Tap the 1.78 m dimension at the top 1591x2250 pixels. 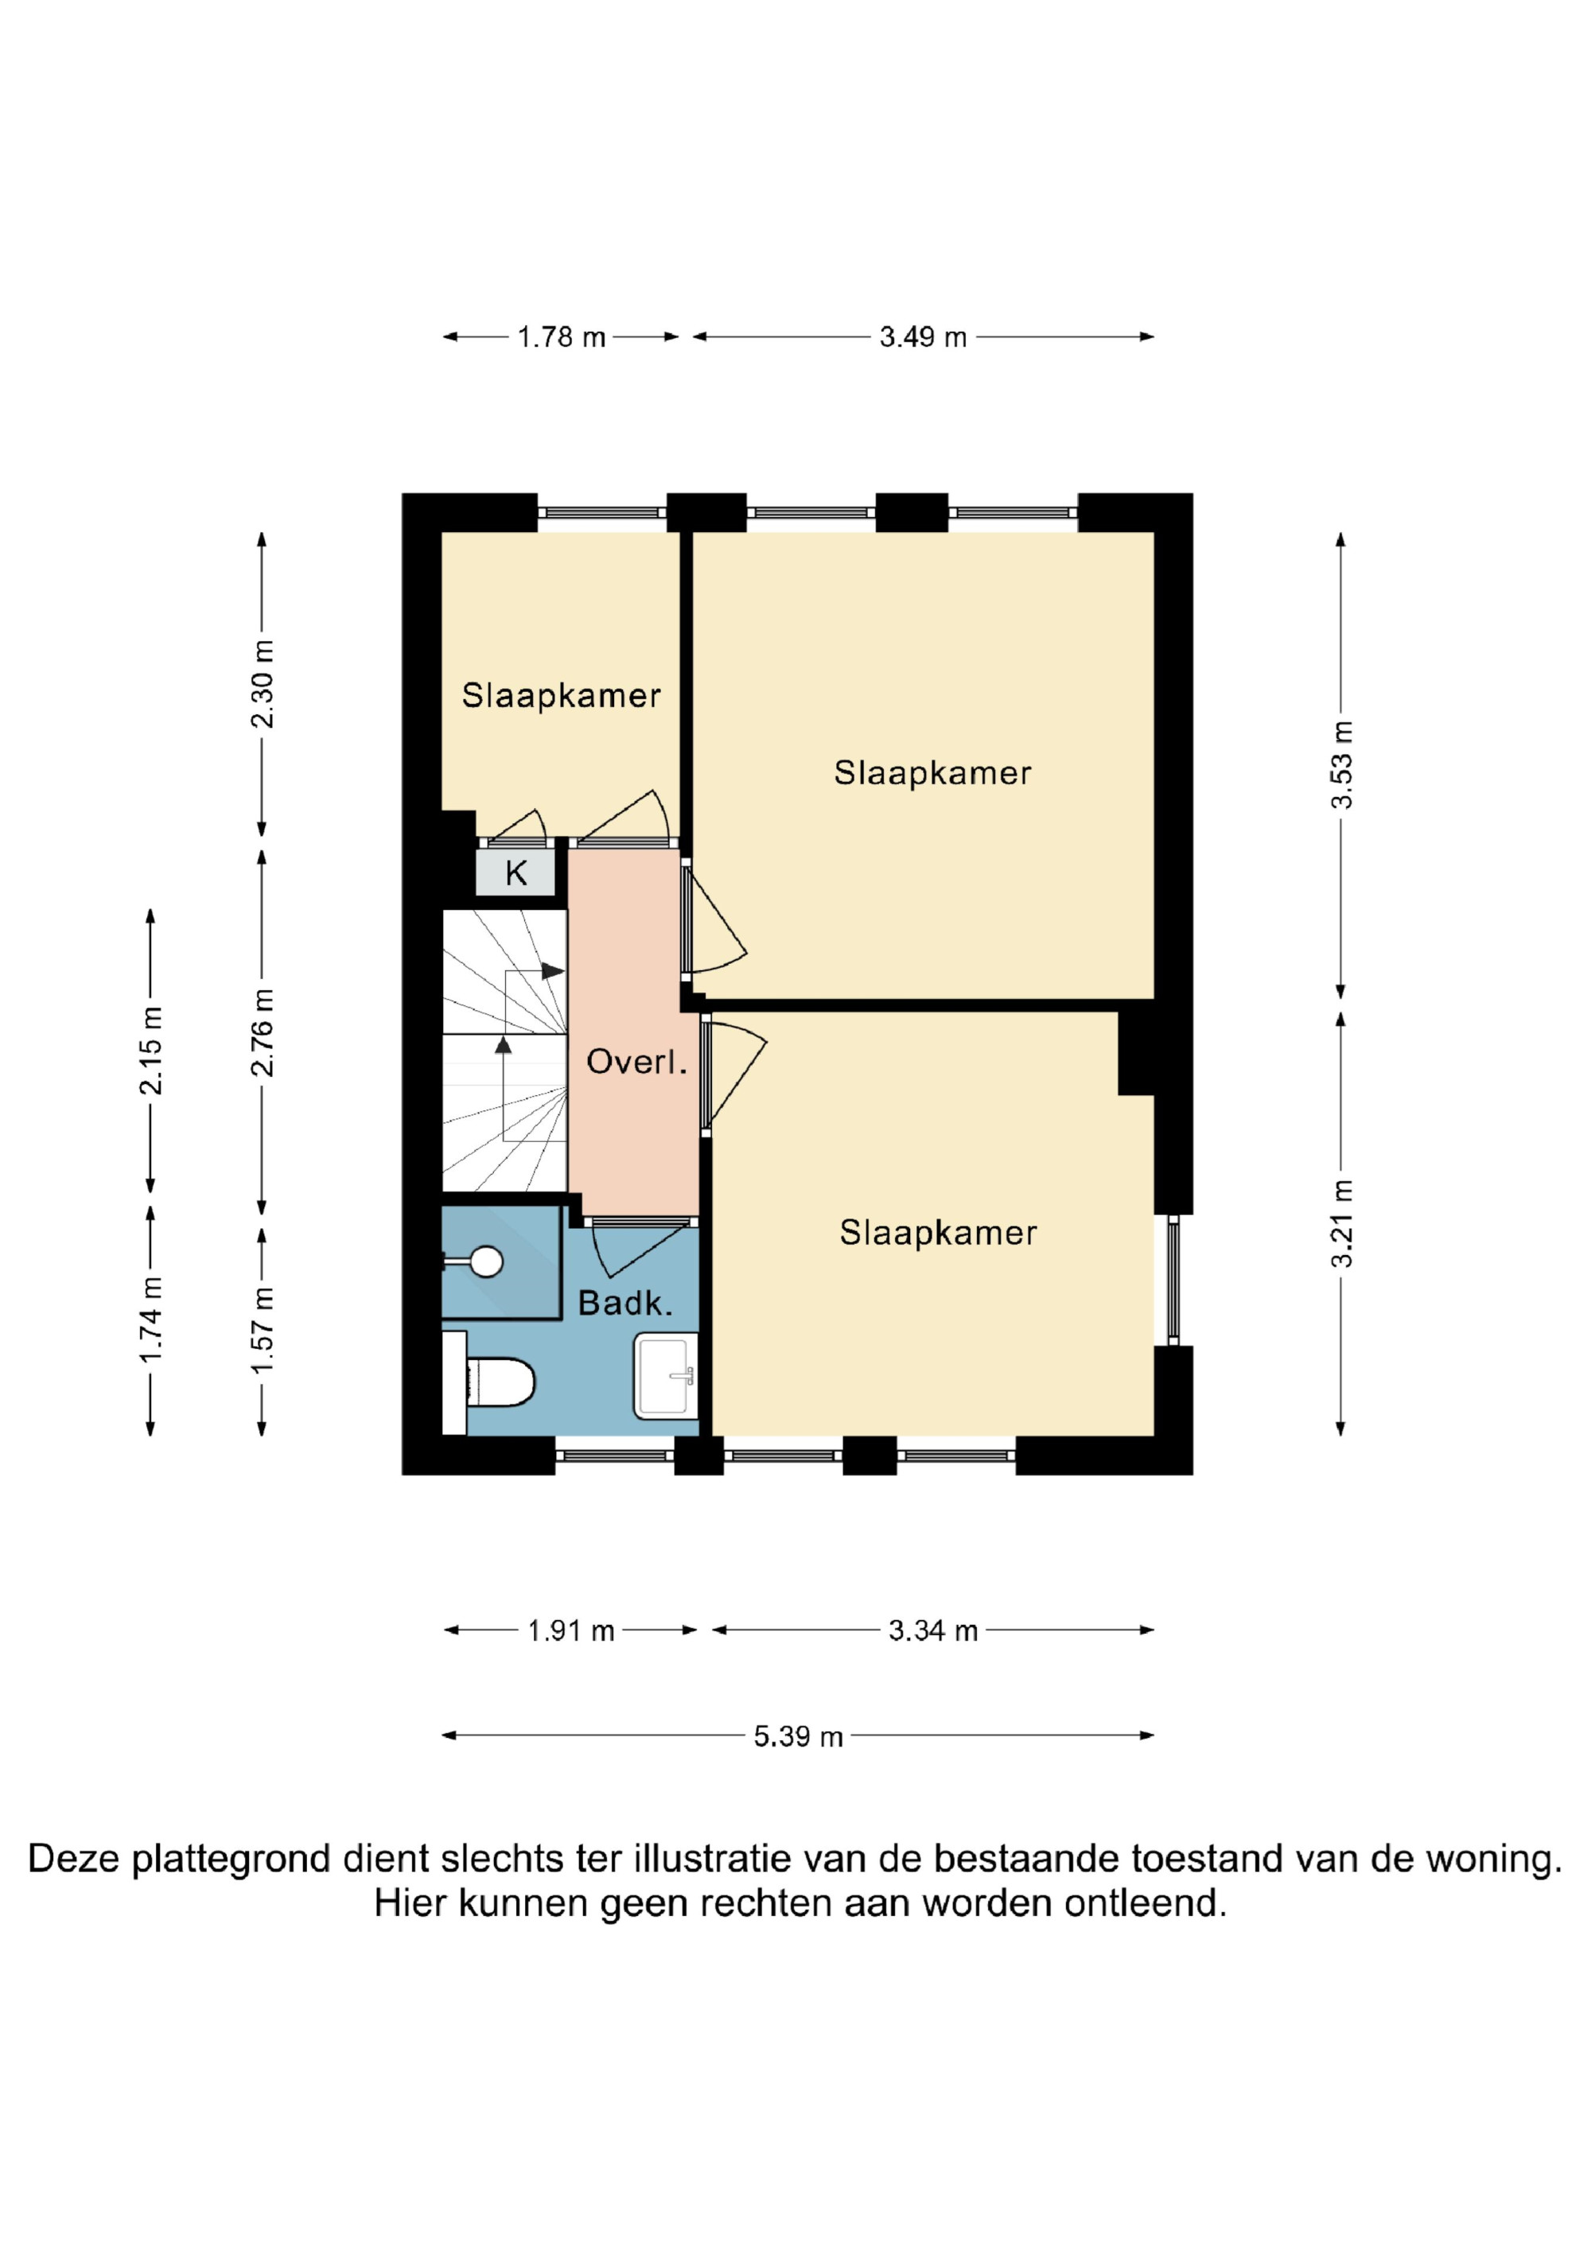[561, 337]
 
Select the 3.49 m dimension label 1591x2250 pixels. [923, 337]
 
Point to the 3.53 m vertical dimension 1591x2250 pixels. [1341, 765]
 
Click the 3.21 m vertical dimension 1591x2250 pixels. [1341, 1224]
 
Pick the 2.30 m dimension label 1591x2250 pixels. [263, 684]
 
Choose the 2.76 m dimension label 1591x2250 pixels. [263, 1033]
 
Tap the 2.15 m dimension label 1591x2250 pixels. [151, 1051]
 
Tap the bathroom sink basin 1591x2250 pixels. [667, 1376]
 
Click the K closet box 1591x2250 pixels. [515, 872]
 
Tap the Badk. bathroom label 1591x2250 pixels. [625, 1304]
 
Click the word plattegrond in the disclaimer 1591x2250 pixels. [232, 1859]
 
